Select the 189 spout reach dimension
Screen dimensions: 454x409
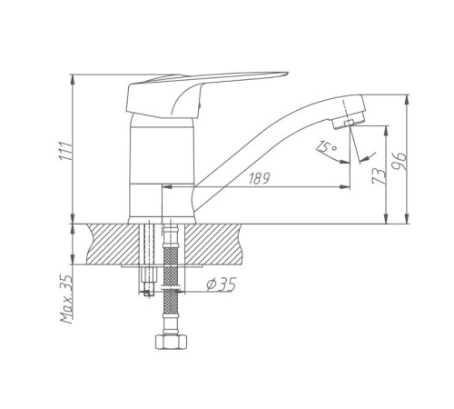[259, 179]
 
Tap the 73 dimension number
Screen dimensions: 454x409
[379, 176]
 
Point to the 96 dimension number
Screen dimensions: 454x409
[400, 161]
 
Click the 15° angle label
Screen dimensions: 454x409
[326, 147]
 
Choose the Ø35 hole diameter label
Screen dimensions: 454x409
[221, 284]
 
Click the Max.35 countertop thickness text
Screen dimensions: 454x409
[66, 299]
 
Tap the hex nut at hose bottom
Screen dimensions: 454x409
[171, 342]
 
